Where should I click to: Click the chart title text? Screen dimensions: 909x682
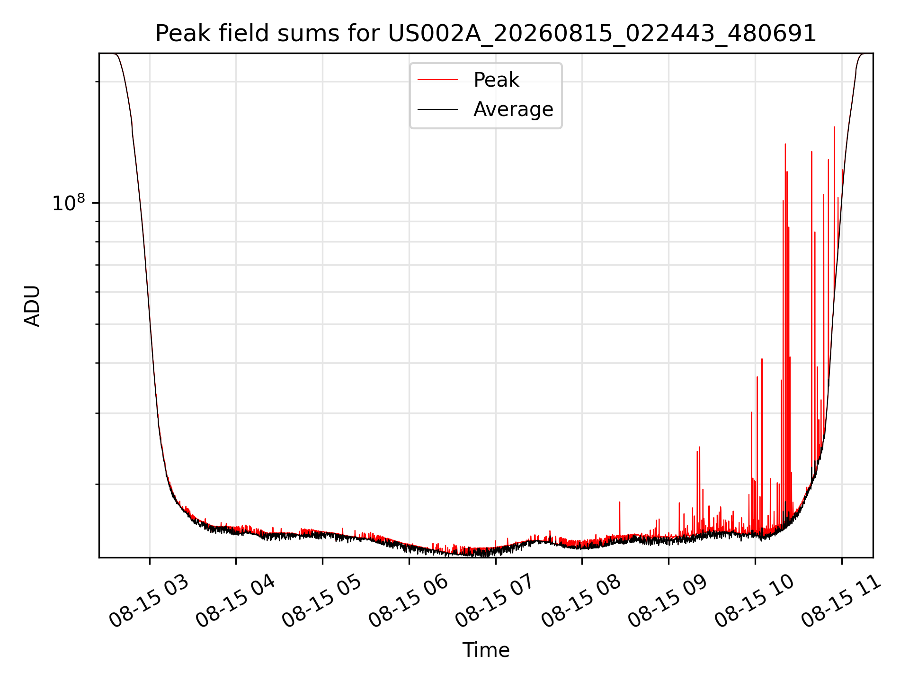[x=486, y=34]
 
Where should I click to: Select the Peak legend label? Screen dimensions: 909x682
[x=496, y=80]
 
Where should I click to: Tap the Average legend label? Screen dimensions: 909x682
[x=513, y=109]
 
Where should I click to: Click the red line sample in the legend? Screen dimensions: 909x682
[x=437, y=80]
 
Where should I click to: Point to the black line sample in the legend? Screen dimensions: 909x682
[x=437, y=109]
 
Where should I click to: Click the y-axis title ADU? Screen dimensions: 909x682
[x=32, y=305]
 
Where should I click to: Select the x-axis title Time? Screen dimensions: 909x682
[x=486, y=650]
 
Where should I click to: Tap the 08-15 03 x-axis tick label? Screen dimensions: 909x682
[x=149, y=601]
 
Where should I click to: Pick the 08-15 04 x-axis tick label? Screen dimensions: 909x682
[x=235, y=601]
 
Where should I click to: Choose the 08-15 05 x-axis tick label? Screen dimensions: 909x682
[x=322, y=601]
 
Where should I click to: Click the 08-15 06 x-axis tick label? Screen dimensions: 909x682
[x=409, y=601]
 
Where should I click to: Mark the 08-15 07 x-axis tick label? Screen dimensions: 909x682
[x=495, y=601]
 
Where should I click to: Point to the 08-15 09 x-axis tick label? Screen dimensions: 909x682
[x=668, y=601]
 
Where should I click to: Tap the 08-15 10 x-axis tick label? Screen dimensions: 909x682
[x=755, y=601]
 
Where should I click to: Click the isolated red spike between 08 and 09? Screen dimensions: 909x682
[x=620, y=518]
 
